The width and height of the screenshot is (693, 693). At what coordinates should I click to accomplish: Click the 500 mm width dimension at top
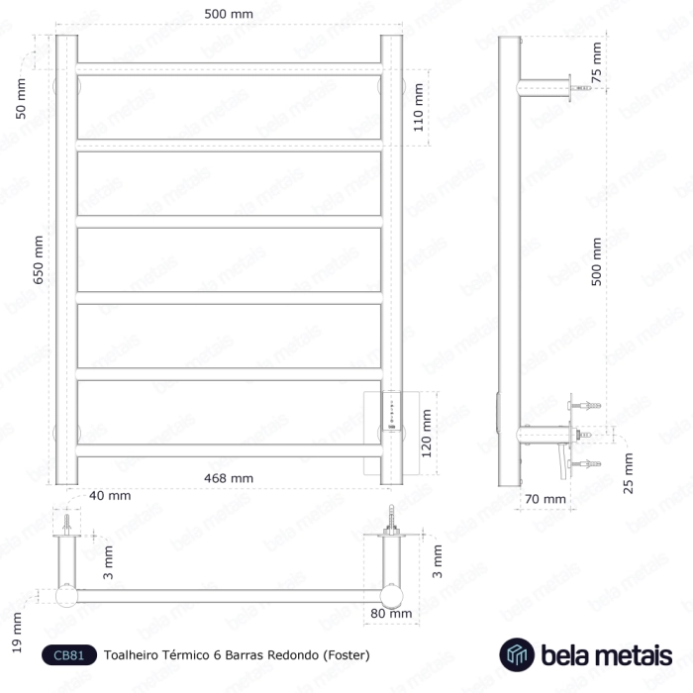click(229, 14)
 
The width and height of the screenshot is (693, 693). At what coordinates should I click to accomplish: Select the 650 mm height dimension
click(39, 259)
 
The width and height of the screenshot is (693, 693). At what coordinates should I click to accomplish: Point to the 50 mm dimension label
click(21, 99)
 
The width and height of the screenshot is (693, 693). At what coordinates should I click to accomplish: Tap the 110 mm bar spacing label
click(418, 107)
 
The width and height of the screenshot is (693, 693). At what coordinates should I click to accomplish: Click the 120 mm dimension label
click(426, 434)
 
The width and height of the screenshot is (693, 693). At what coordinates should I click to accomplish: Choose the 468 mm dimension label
click(229, 478)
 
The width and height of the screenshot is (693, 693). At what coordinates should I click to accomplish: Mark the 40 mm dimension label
click(110, 495)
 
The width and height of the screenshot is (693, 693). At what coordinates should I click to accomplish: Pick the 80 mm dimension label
click(391, 614)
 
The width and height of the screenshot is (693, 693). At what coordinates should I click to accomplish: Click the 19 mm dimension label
click(17, 633)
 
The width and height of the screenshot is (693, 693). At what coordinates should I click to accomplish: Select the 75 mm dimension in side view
click(597, 62)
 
